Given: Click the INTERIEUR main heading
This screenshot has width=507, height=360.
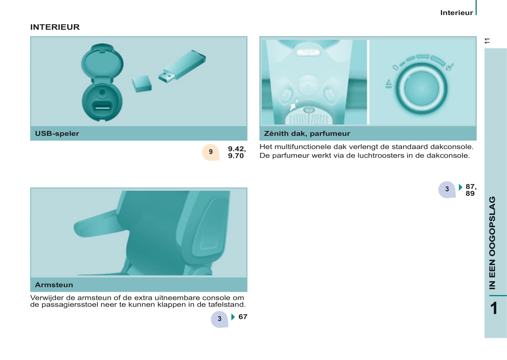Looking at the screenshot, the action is click(55, 27).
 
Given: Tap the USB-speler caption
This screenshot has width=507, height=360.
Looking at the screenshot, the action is click(57, 134).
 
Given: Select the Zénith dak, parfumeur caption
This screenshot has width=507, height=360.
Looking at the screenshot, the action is click(307, 134).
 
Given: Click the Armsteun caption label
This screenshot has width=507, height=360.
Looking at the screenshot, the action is click(54, 285).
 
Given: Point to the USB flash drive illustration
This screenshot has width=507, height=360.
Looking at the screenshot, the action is click(182, 66).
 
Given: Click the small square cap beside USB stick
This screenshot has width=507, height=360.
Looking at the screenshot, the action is click(142, 84).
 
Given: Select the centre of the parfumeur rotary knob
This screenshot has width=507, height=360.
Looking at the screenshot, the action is click(421, 88).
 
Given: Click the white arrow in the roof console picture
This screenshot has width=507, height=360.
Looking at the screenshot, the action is click(293, 107).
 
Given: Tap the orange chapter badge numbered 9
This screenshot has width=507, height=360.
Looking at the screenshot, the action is click(211, 152).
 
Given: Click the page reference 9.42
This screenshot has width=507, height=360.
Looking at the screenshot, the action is click(237, 149).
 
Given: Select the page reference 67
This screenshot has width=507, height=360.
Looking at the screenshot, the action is click(243, 317).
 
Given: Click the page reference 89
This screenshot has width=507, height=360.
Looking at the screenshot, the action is click(470, 193).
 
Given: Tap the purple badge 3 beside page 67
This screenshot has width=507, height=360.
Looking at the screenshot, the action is click(219, 319).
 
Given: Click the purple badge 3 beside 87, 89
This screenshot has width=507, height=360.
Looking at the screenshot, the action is click(447, 190).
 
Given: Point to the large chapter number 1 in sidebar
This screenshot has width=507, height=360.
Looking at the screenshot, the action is click(494, 308).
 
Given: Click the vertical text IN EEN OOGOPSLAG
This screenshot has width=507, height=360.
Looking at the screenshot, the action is click(492, 243).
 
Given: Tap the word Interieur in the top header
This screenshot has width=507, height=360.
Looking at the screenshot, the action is click(456, 13).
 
